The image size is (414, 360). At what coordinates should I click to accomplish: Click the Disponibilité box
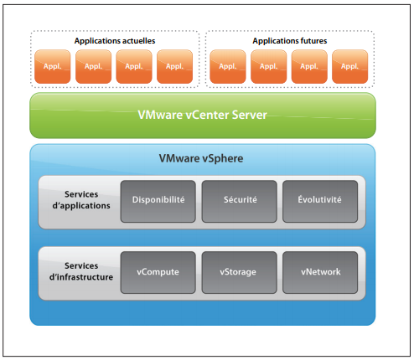pos(158,201)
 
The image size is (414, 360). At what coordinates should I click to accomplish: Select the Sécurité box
pos(240,201)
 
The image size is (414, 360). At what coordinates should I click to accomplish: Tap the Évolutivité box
pos(320,201)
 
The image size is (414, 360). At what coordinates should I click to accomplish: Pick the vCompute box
pos(158,272)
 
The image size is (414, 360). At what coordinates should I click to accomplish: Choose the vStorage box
pos(240,272)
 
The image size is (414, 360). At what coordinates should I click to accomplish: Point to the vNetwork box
pos(320,272)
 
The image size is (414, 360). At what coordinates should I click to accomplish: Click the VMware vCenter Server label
pos(203,115)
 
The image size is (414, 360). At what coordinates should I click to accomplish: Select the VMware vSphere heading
pos(201,158)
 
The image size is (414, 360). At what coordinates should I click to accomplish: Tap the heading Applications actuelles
pos(115,41)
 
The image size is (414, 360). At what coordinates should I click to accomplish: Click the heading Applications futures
pos(290,41)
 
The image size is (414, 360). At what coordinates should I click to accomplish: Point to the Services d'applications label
pos(81,200)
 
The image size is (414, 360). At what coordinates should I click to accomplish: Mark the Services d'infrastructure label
pos(81,271)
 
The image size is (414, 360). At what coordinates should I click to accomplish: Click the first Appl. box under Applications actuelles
pos(53,67)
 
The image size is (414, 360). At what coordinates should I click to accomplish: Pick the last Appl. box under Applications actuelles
pos(175,67)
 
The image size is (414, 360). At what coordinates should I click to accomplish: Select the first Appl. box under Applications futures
pos(228,67)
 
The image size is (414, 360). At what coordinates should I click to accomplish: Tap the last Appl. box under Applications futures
pos(350,67)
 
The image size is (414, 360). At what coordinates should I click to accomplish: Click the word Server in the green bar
pos(250,115)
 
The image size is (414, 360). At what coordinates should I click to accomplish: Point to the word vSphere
pos(223,159)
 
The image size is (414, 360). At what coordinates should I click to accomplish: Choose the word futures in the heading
pos(311,41)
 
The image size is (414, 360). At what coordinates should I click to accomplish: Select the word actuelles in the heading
pos(138,41)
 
